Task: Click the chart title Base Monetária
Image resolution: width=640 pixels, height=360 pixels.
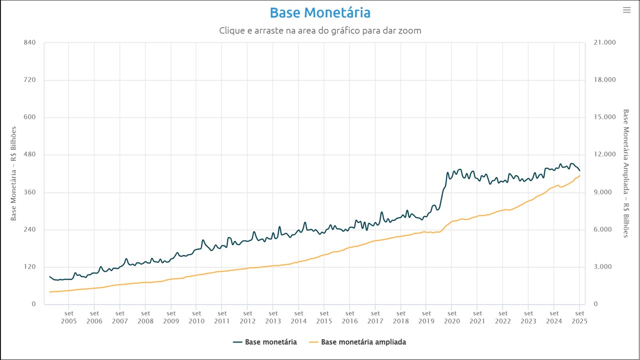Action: tap(320, 12)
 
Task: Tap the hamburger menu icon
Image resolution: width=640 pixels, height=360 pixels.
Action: tap(626, 10)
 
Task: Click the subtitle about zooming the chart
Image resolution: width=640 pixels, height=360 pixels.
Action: tap(320, 30)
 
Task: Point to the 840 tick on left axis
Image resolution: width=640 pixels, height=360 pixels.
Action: tap(29, 42)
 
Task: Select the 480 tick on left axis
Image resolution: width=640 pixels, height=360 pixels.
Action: tap(29, 155)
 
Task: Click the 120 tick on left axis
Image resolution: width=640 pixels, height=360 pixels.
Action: tap(29, 267)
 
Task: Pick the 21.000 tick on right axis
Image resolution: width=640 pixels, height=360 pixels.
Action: tap(604, 42)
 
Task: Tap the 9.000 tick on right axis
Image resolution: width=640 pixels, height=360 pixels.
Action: tap(604, 192)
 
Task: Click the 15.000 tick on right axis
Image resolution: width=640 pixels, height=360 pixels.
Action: tap(604, 117)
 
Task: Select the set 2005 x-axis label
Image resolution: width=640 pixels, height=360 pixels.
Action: tap(68, 317)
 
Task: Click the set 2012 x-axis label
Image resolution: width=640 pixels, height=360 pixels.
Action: tap(247, 317)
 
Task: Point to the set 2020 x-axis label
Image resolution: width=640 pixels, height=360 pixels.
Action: tap(452, 317)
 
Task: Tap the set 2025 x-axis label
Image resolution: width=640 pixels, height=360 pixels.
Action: tap(579, 317)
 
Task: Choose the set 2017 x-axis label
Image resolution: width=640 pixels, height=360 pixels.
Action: tap(375, 317)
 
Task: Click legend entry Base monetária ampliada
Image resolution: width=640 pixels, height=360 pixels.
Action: tap(363, 342)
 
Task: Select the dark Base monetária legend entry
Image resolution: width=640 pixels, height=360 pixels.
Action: tap(270, 342)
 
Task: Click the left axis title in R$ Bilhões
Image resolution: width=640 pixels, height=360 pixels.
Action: tap(14, 173)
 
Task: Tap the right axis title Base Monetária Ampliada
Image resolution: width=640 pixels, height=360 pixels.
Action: tap(625, 173)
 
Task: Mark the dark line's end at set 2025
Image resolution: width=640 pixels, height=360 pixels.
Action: tap(579, 171)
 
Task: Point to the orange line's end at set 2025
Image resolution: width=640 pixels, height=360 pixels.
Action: tap(579, 175)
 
